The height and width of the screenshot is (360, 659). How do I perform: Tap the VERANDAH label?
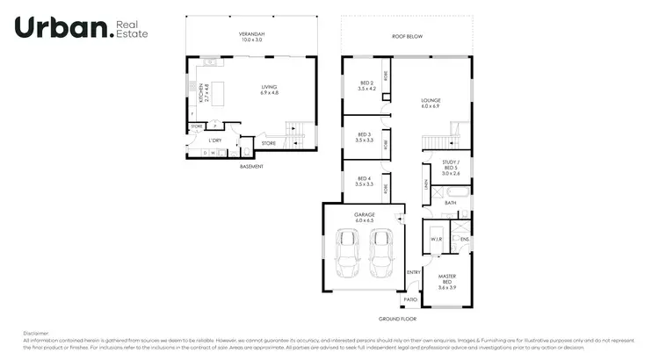pyautogui.click(x=251, y=37)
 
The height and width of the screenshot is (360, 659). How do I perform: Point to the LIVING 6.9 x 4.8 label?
pyautogui.click(x=270, y=90)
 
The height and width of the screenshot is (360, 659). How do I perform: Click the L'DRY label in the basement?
pyautogui.click(x=214, y=140)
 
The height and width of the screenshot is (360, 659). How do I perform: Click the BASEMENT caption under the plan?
pyautogui.click(x=251, y=166)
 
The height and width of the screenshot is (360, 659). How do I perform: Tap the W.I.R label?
pyautogui.click(x=435, y=238)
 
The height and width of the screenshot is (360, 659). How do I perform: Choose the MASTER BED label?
pyautogui.click(x=448, y=283)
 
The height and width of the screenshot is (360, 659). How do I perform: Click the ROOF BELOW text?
pyautogui.click(x=407, y=37)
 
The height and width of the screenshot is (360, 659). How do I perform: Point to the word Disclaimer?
pyautogui.click(x=36, y=333)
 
